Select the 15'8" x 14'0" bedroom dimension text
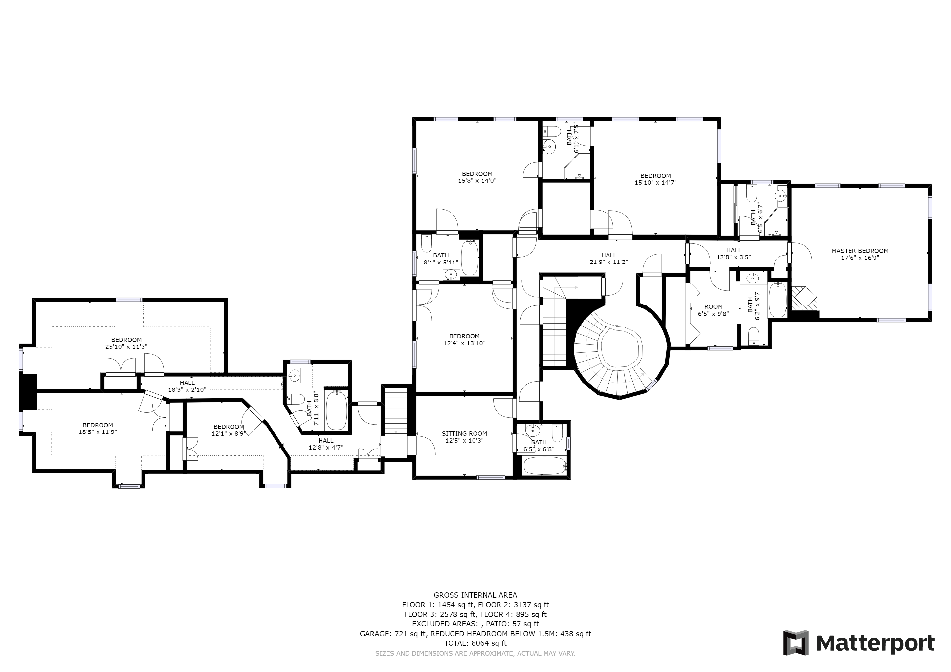pyautogui.click(x=477, y=180)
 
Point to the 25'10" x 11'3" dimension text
pyautogui.click(x=126, y=347)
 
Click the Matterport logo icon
pyautogui.click(x=796, y=642)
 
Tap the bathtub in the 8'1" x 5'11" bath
pyautogui.click(x=469, y=258)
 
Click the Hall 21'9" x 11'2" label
pyautogui.click(x=609, y=259)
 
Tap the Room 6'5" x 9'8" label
pyautogui.click(x=713, y=310)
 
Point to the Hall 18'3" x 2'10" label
pyautogui.click(x=187, y=386)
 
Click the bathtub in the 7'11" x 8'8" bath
pyautogui.click(x=337, y=410)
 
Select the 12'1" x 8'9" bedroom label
pyautogui.click(x=229, y=430)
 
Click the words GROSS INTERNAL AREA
pyautogui.click(x=475, y=595)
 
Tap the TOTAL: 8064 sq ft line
pyautogui.click(x=475, y=643)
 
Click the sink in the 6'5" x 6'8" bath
pyautogui.click(x=532, y=431)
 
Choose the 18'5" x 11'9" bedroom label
pyautogui.click(x=98, y=428)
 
